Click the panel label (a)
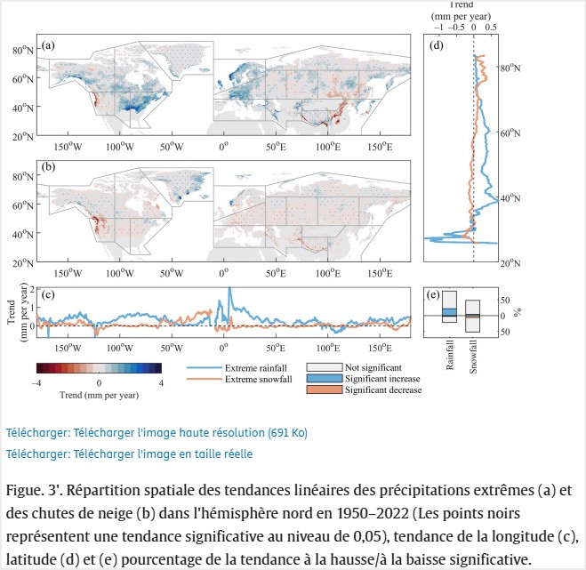point(48,45)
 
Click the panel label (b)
point(48,166)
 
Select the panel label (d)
point(436,45)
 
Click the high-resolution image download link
point(156,433)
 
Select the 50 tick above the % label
point(503,300)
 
